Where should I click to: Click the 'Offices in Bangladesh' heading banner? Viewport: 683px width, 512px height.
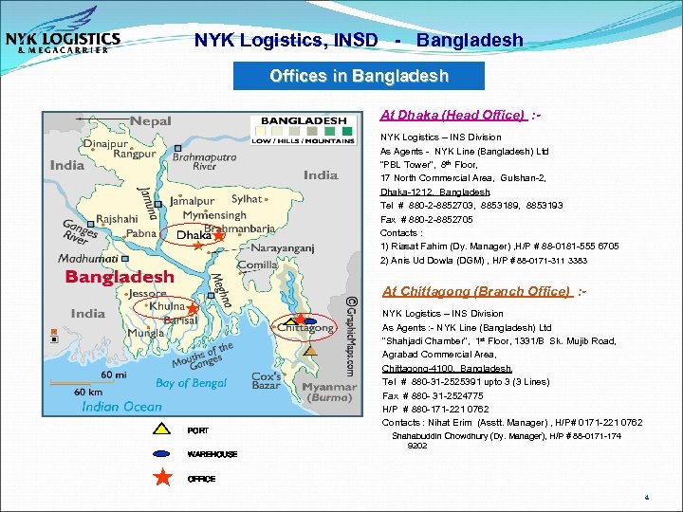pos(359,76)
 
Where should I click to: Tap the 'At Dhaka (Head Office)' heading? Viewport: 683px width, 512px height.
pos(452,116)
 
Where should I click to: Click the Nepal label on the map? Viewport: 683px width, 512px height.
pos(150,121)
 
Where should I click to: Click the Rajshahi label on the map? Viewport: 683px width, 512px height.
pos(116,216)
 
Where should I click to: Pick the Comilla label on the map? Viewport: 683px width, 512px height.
pos(257,265)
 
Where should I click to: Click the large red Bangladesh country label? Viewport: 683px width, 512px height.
pos(120,277)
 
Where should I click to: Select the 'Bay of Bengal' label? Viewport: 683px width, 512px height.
pos(192,383)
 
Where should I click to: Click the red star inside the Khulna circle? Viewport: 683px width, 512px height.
pos(192,309)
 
